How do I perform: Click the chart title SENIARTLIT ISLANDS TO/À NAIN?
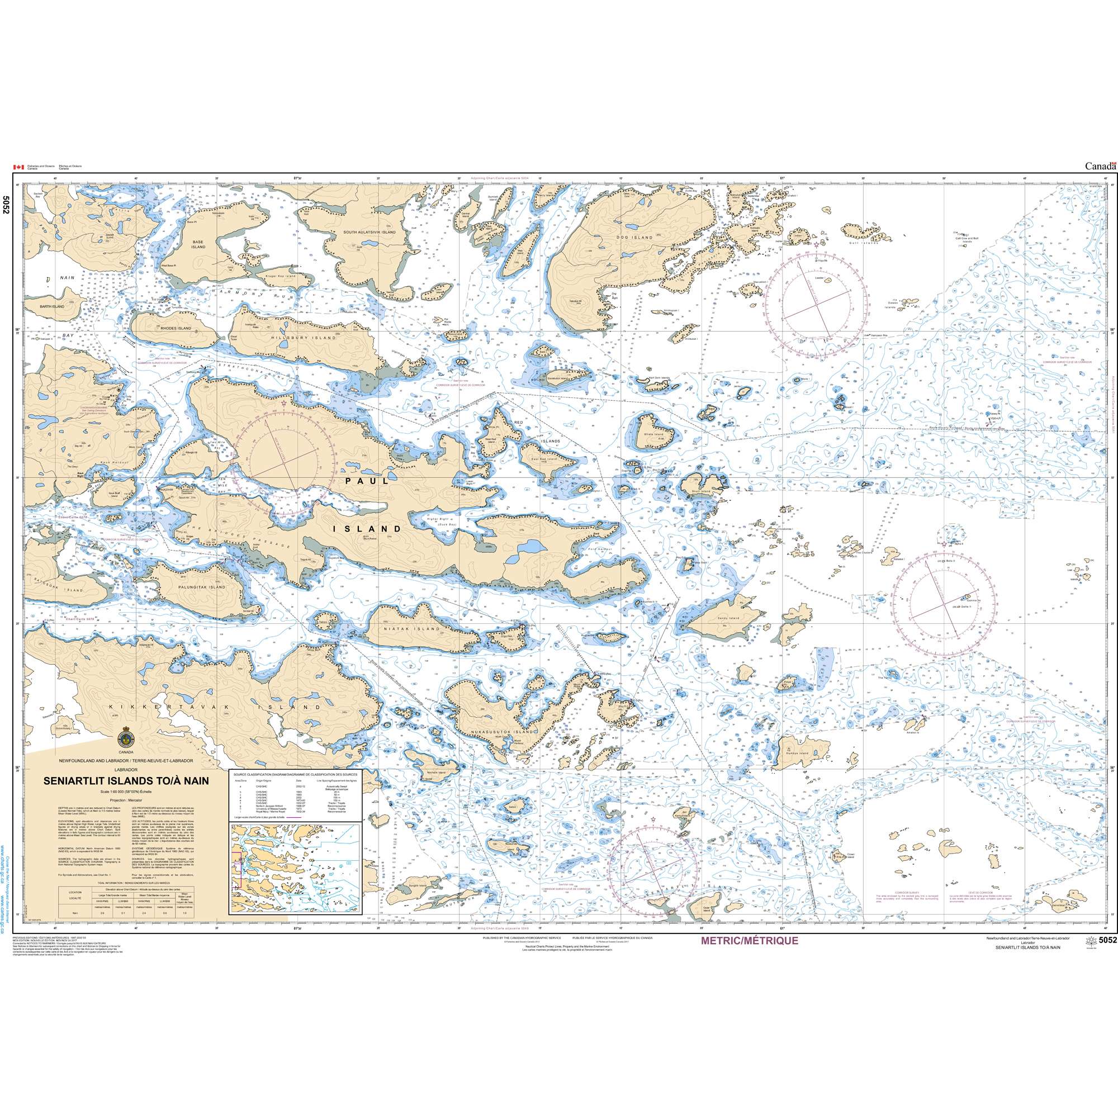pyautogui.click(x=126, y=780)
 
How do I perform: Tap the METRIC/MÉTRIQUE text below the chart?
pyautogui.click(x=750, y=956)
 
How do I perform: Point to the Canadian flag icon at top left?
pyautogui.click(x=18, y=167)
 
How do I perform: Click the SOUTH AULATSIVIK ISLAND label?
pyautogui.click(x=369, y=232)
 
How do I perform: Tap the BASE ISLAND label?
pyautogui.click(x=198, y=244)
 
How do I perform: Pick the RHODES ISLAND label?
pyautogui.click(x=176, y=328)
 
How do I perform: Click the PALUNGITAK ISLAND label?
pyautogui.click(x=201, y=587)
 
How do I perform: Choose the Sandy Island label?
pyautogui.click(x=729, y=618)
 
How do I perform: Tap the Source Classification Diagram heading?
pyautogui.click(x=294, y=774)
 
